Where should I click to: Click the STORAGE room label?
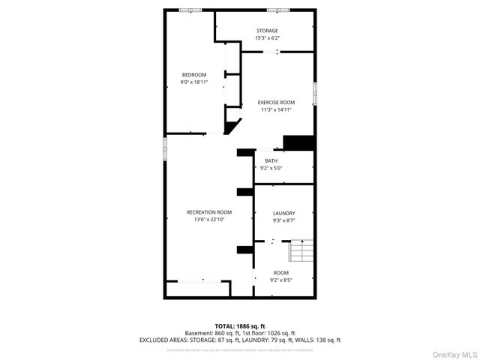(x=267, y=31)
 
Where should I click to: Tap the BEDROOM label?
(x=194, y=74)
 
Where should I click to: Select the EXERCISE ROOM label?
(x=276, y=102)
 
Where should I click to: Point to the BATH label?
(x=271, y=160)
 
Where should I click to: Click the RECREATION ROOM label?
(x=209, y=212)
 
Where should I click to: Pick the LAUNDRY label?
(x=283, y=213)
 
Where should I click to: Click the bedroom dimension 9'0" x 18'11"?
(x=194, y=82)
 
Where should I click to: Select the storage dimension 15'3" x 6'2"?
(x=267, y=38)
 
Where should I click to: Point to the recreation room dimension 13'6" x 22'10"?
(x=209, y=220)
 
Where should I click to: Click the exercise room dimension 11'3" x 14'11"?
(x=276, y=109)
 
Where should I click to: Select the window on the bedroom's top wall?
(x=190, y=10)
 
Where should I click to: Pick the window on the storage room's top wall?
(x=278, y=10)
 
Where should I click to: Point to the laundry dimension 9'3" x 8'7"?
(x=283, y=220)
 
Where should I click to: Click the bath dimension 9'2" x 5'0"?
(x=271, y=168)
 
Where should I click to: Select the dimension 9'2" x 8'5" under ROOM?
(x=281, y=280)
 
